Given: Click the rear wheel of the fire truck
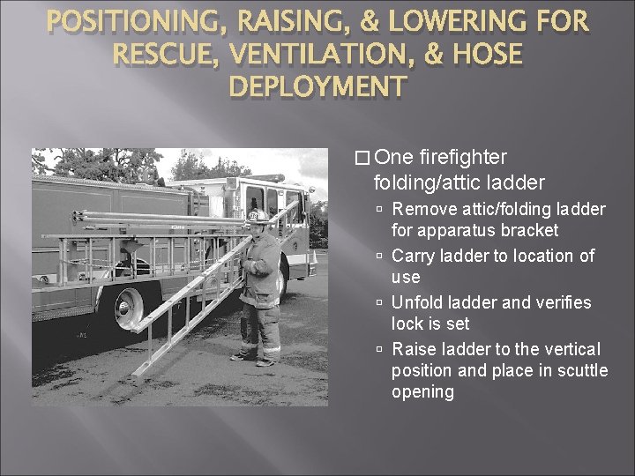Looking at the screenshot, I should (x=127, y=304).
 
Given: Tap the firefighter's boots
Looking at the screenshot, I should (x=254, y=358).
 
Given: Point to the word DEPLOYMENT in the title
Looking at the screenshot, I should (x=317, y=86).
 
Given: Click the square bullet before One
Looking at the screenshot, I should (x=359, y=158).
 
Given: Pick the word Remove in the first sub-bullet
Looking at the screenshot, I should (x=420, y=209).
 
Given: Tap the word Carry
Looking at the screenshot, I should (x=413, y=256).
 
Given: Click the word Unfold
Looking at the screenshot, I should (x=415, y=302).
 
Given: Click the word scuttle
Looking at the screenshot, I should (x=579, y=370).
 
